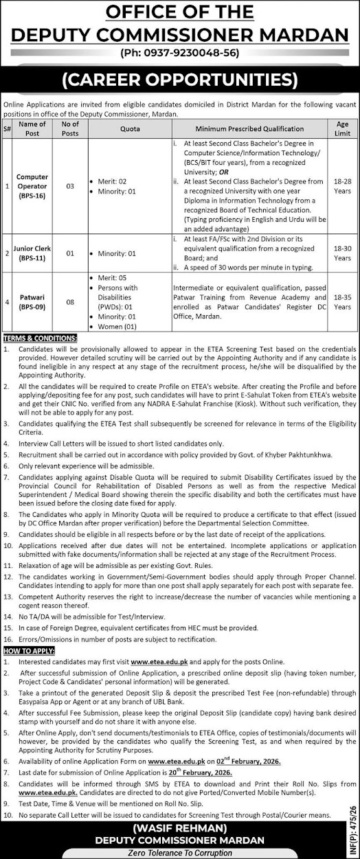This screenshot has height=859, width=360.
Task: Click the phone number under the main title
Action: [x=179, y=52]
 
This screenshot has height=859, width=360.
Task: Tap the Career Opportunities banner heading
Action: [x=179, y=80]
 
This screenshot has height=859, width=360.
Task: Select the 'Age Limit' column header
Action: [x=342, y=128]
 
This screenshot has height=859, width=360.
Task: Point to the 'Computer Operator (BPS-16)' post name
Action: [x=32, y=186]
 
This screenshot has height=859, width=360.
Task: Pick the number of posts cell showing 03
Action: [x=70, y=186]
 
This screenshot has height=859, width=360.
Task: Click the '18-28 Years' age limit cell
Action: [x=342, y=186]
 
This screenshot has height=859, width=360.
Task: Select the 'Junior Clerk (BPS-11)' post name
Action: [x=32, y=253]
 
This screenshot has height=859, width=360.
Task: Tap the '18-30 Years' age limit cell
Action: [x=342, y=253]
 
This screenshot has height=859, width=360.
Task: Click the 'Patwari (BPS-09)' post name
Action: [x=32, y=302]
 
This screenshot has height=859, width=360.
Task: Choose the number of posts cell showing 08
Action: [x=70, y=302]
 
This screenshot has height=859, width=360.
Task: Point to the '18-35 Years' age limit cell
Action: [x=342, y=302]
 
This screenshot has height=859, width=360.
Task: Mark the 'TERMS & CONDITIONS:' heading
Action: [x=41, y=339]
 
